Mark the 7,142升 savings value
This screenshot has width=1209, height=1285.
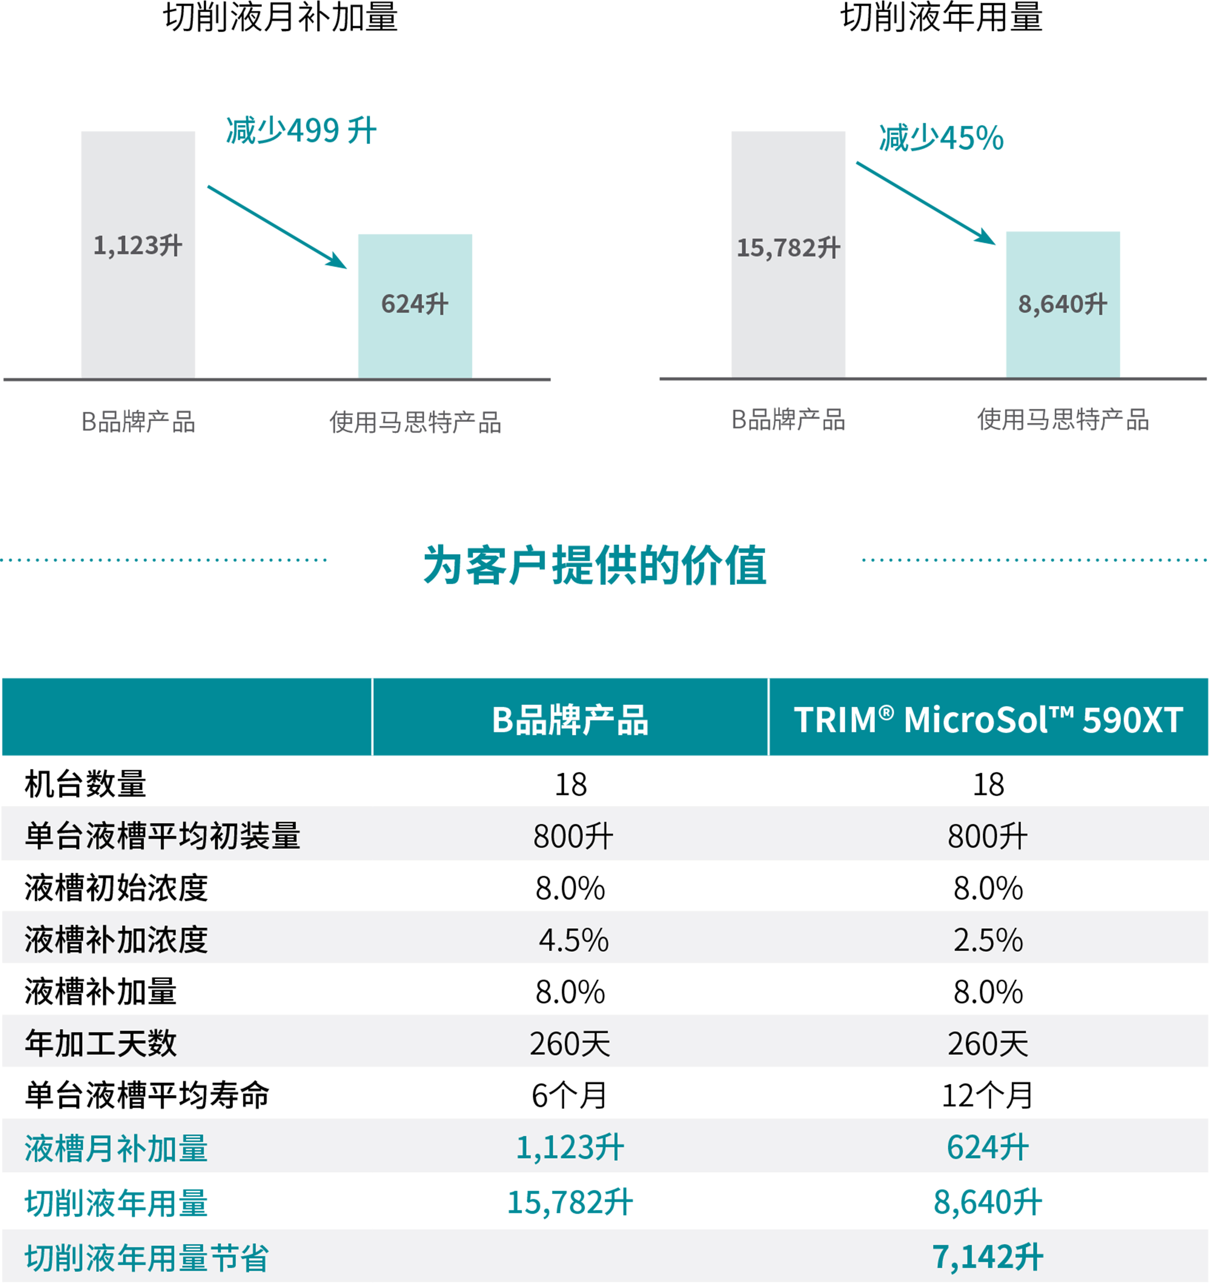[x=988, y=1257]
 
